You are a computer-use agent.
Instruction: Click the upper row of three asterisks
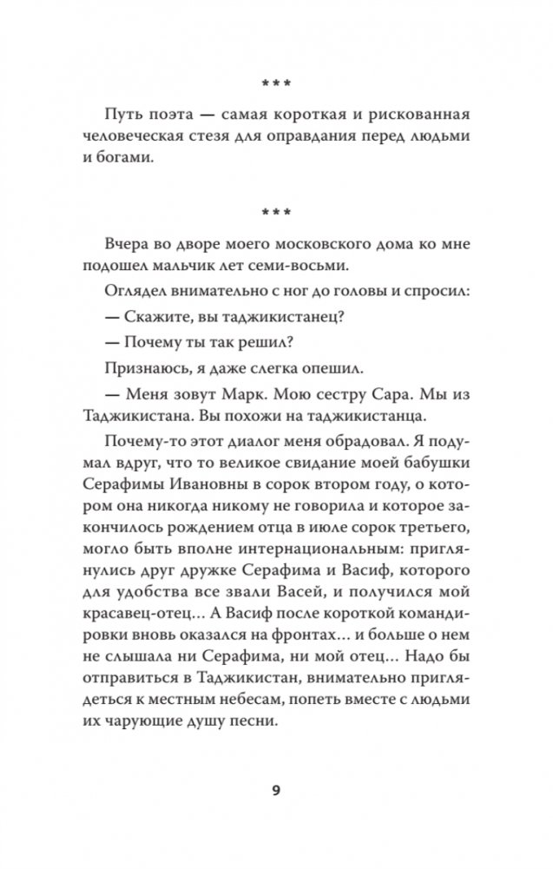[276, 84]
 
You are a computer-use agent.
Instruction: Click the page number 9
[276, 791]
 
